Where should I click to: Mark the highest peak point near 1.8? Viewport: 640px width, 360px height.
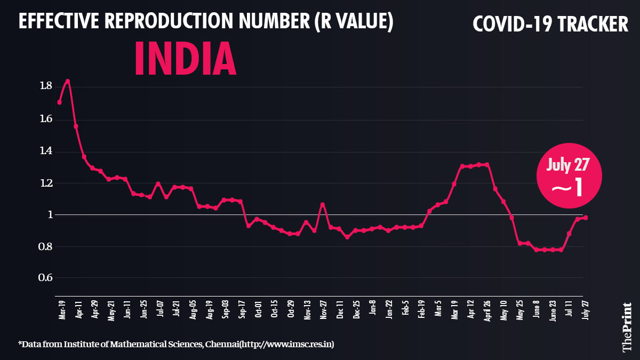tap(68, 81)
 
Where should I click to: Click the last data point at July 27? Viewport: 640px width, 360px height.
tap(586, 218)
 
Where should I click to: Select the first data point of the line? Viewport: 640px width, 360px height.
tap(59, 102)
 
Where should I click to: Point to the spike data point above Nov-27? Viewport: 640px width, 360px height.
tap(322, 204)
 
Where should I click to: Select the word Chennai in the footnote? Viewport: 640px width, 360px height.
tap(219, 345)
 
